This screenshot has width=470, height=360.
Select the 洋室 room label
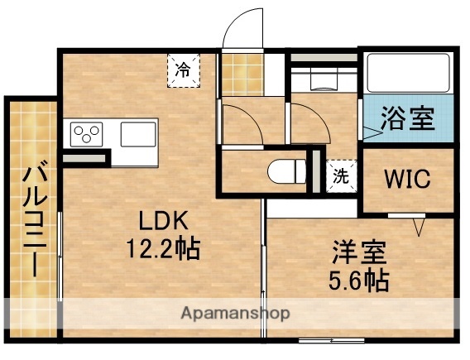[x=357, y=252]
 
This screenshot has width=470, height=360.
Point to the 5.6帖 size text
[x=357, y=280]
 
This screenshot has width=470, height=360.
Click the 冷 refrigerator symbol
[x=182, y=70]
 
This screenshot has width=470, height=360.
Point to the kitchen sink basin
[x=138, y=133]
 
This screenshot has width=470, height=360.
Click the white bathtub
[x=408, y=73]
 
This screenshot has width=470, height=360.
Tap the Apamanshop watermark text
[x=235, y=314]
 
